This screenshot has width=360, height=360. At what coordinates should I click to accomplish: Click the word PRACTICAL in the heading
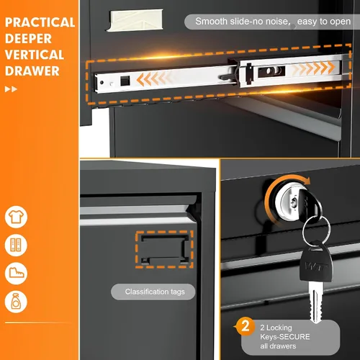[40, 22]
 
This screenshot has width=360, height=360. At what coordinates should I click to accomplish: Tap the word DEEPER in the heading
[28, 39]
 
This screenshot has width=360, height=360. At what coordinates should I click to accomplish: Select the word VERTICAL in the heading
[35, 55]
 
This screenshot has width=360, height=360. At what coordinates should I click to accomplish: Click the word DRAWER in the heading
[32, 71]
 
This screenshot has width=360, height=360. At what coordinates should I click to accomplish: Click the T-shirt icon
[16, 217]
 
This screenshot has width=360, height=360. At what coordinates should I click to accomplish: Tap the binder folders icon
[16, 245]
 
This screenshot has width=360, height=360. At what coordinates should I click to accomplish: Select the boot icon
[16, 274]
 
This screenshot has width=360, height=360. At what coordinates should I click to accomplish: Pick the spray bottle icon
[16, 302]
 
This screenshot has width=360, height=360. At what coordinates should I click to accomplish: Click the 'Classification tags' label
[155, 292]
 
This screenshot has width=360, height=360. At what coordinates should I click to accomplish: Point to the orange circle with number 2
[245, 326]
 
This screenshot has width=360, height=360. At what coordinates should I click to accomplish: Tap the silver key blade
[315, 303]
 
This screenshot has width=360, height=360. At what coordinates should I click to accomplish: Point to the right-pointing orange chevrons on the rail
[313, 68]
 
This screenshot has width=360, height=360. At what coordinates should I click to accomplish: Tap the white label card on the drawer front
[135, 20]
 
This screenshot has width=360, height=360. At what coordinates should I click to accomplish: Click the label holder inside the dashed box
[165, 250]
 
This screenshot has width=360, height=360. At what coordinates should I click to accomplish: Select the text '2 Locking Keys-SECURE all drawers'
[285, 337]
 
